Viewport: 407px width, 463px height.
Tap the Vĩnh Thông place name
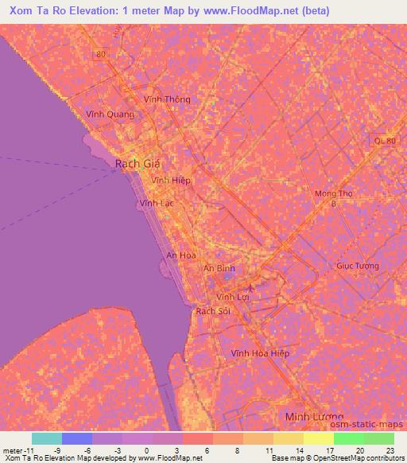[x=167, y=99]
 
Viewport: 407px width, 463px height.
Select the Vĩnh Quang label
[x=110, y=114]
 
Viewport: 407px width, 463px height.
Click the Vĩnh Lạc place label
[x=156, y=204]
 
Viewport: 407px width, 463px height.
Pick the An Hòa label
[x=180, y=255]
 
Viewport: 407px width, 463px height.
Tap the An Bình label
[x=219, y=269]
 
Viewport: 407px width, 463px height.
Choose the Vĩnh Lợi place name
[x=234, y=296]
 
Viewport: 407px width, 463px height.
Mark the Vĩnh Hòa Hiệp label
[x=260, y=352]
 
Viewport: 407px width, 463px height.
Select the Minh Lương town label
[x=314, y=417]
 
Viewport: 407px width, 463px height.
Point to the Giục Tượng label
[x=357, y=266]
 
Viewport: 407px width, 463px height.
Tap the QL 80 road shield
[x=383, y=140]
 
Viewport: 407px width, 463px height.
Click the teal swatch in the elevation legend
[x=47, y=438]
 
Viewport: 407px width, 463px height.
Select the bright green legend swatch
[x=348, y=438]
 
